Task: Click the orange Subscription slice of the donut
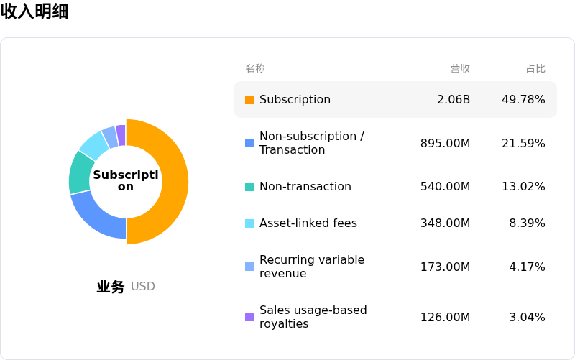click(172, 182)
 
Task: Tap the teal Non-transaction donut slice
click(80, 173)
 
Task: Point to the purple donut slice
click(121, 135)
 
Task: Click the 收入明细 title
click(34, 11)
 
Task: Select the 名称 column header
click(255, 68)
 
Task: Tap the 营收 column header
click(460, 68)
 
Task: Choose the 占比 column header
click(535, 68)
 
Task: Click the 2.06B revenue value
click(454, 99)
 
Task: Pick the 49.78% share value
click(524, 99)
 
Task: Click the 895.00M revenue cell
click(445, 143)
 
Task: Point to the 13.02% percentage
click(524, 186)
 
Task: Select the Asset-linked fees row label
click(308, 223)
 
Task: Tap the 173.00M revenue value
click(445, 267)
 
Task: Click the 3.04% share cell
click(527, 317)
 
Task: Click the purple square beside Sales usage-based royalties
click(249, 317)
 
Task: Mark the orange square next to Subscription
click(249, 100)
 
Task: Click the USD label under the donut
click(142, 286)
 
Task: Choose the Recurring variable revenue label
click(312, 267)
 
